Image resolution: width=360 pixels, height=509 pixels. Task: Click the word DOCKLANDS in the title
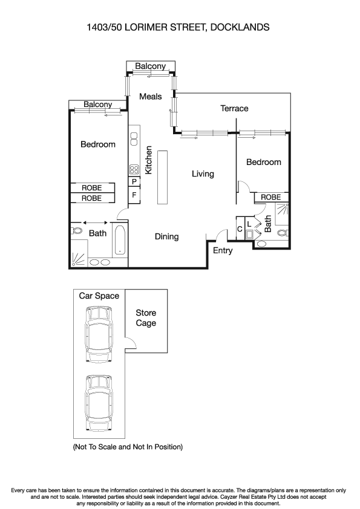click(x=238, y=27)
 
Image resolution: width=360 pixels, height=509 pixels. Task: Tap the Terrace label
click(x=234, y=108)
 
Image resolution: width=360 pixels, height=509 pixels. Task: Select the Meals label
click(x=151, y=96)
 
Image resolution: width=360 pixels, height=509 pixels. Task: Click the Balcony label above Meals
click(x=150, y=66)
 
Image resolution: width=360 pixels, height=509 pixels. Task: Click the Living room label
click(x=203, y=174)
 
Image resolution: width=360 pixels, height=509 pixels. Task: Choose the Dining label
click(x=166, y=236)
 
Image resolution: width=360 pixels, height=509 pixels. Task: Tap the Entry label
click(x=223, y=250)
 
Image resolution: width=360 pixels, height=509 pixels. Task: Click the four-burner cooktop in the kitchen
click(x=134, y=169)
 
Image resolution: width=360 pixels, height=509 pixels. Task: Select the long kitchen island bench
click(x=162, y=177)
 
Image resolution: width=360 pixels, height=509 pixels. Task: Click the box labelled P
click(x=134, y=182)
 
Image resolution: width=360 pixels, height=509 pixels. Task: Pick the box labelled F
click(x=134, y=195)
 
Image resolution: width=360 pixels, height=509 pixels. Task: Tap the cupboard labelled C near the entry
click(x=240, y=229)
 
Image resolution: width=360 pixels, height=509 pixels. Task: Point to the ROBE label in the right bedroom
click(x=270, y=197)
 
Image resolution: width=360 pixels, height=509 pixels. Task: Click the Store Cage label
click(x=146, y=318)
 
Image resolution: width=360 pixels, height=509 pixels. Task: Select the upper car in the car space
click(x=99, y=334)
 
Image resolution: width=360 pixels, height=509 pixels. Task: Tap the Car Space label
click(x=99, y=296)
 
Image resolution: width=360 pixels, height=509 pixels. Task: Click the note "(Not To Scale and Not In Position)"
click(x=128, y=447)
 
